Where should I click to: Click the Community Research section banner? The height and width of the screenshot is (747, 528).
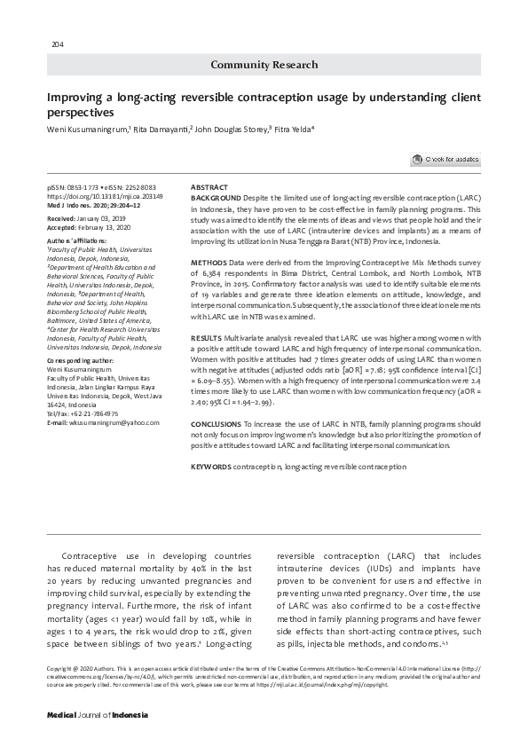click(x=263, y=65)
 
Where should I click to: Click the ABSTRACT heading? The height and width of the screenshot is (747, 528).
click(x=209, y=188)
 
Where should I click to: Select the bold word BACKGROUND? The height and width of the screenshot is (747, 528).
click(x=216, y=196)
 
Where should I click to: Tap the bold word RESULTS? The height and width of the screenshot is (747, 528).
click(x=208, y=339)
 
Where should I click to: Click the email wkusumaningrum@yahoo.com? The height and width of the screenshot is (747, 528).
click(x=108, y=423)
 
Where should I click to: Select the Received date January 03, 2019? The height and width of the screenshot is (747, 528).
click(x=101, y=217)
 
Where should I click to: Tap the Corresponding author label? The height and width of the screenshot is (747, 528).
click(x=79, y=361)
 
